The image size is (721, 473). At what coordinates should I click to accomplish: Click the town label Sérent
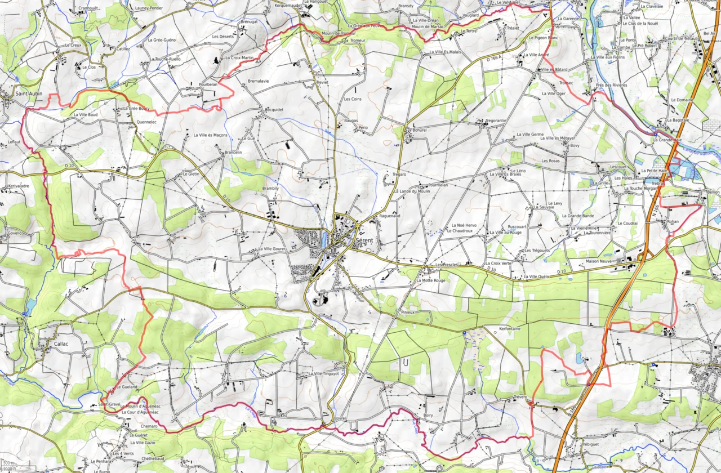click(368, 240)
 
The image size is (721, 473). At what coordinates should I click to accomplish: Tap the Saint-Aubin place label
click(29, 93)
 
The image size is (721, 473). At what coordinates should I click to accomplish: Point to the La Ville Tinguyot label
click(324, 373)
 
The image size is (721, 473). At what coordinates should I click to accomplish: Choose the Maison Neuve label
click(599, 261)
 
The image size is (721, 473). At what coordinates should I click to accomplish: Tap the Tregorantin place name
click(496, 121)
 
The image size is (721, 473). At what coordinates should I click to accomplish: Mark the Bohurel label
click(420, 130)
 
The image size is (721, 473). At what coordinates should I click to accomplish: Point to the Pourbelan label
click(208, 84)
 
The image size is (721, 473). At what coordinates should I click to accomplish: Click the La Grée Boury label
click(136, 108)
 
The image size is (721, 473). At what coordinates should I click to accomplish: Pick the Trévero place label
click(520, 397)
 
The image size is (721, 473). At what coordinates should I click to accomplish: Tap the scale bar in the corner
click(9, 467)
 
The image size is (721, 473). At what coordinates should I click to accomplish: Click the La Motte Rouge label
click(431, 280)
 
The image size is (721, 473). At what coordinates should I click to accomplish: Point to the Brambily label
click(270, 188)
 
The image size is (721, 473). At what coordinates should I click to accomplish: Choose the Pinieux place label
click(408, 311)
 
